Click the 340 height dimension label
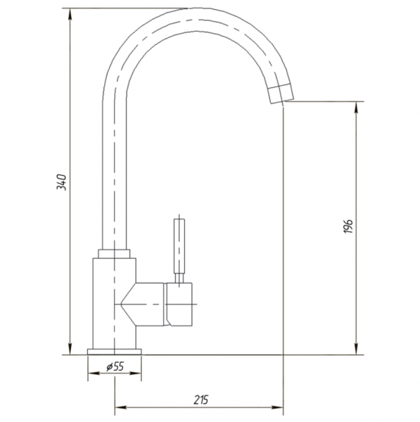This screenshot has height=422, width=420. pyautogui.click(x=61, y=182)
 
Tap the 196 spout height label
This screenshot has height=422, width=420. pyautogui.click(x=348, y=226)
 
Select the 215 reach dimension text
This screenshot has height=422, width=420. pyautogui.click(x=201, y=400)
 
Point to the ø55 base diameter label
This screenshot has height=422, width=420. pyautogui.click(x=115, y=366)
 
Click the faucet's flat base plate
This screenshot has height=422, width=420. pyautogui.click(x=115, y=352)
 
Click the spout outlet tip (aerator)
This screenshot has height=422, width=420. pyautogui.click(x=281, y=94)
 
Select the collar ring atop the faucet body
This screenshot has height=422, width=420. pyautogui.click(x=114, y=254)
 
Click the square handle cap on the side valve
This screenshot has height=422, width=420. pyautogui.click(x=179, y=304)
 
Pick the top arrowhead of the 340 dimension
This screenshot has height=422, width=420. pyautogui.click(x=70, y=14)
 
